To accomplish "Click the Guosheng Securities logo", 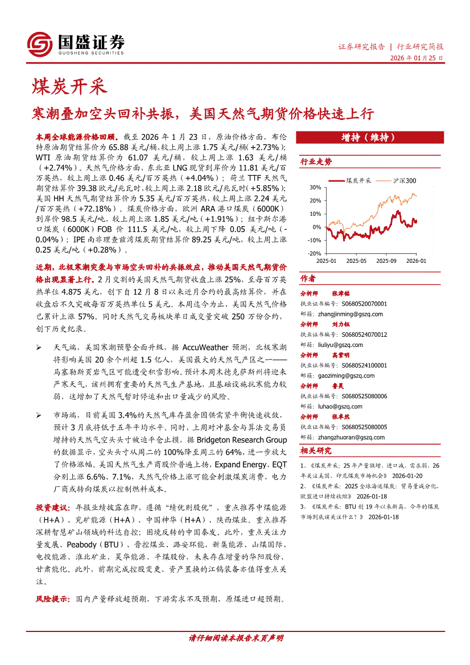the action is tap(76, 43).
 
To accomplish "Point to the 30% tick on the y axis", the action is tap(315, 187).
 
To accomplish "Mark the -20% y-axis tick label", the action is tap(314, 254).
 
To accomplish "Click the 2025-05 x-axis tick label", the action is tap(356, 261).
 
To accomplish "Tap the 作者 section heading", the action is tap(308, 279).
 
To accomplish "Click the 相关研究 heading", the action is tap(316, 451).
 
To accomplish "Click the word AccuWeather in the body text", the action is tap(205, 347).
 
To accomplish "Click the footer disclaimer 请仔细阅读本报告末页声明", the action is tap(235, 638).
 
